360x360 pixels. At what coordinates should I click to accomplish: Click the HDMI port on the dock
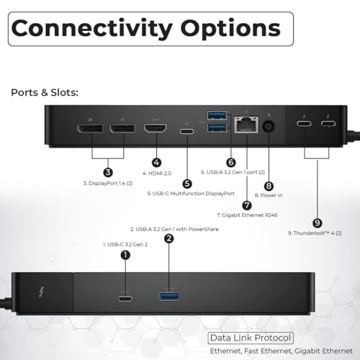[156, 128]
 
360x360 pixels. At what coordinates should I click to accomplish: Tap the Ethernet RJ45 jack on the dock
[246, 125]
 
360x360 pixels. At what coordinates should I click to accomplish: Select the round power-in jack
[269, 126]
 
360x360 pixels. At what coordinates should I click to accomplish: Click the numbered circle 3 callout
[108, 172]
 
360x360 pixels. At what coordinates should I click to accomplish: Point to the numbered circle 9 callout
[318, 223]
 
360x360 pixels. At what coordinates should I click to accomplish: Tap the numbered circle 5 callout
[187, 184]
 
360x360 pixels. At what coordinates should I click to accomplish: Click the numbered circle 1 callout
[125, 255]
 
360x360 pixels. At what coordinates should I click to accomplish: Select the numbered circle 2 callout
[169, 238]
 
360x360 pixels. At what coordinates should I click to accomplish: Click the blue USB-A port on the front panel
[169, 296]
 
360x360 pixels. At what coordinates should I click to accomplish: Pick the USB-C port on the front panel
[125, 299]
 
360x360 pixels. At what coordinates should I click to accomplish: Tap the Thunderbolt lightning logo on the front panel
[41, 292]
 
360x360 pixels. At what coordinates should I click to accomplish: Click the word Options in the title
[230, 29]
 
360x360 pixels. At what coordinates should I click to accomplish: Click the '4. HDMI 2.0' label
[157, 174]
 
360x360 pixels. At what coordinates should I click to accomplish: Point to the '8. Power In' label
[269, 195]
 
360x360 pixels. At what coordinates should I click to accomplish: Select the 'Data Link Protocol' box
[251, 338]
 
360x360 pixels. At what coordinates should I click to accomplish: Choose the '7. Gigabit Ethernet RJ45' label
[247, 215]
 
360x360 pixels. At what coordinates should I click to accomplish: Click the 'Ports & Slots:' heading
[45, 93]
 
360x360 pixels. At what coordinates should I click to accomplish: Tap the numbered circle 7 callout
[247, 205]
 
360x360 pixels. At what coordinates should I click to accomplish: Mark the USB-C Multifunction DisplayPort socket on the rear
[187, 132]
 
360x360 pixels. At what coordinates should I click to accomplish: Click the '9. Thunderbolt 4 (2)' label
[315, 233]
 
